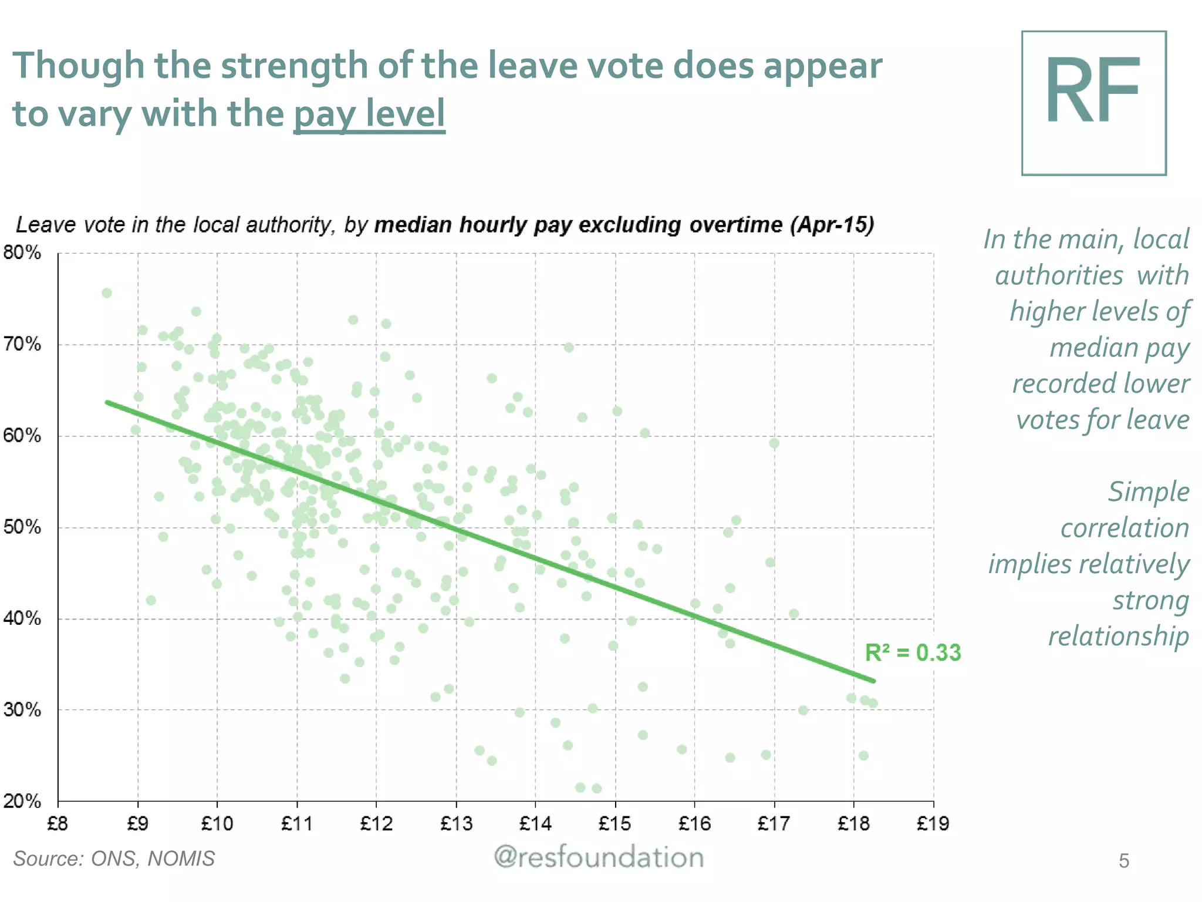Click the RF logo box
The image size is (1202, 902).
[1093, 103]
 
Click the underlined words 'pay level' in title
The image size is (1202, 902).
[369, 113]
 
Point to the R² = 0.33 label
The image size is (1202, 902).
[913, 653]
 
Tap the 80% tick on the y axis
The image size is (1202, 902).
[22, 253]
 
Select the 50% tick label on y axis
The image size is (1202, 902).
[22, 527]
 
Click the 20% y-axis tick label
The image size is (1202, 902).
[22, 801]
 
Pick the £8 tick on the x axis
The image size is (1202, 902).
[58, 824]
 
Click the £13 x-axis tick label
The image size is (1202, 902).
[456, 824]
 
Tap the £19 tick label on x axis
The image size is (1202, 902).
[933, 824]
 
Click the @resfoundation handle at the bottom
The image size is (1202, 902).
[599, 857]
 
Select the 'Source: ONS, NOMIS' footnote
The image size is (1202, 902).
[114, 859]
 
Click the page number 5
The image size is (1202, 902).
[1123, 861]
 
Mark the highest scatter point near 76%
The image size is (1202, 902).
[107, 293]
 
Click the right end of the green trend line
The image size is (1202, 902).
[873, 681]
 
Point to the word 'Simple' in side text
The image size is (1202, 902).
[1148, 492]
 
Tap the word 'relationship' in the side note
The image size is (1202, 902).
[1118, 637]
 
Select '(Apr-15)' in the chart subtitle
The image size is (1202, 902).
[832, 225]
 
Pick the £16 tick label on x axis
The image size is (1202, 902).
[694, 824]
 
